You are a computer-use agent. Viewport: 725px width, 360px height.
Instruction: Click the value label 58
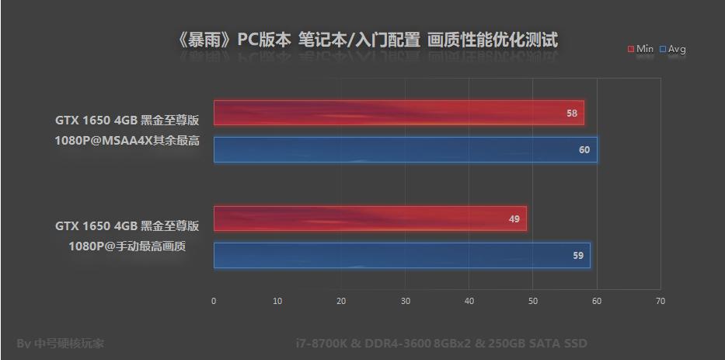click(x=572, y=114)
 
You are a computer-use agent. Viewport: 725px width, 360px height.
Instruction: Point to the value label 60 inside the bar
click(x=584, y=150)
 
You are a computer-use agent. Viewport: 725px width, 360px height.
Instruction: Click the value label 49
click(x=514, y=219)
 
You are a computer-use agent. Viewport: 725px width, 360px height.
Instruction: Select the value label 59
click(x=578, y=256)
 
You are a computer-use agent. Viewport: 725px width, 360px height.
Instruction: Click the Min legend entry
click(x=641, y=49)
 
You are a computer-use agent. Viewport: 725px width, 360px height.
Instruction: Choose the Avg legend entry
click(x=673, y=49)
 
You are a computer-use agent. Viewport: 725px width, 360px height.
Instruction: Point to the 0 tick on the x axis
click(x=214, y=301)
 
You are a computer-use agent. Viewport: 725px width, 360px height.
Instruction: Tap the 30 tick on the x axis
click(x=405, y=301)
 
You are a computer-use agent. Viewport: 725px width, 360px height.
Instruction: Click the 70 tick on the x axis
click(x=660, y=301)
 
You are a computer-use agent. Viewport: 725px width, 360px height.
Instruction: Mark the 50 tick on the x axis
click(x=532, y=301)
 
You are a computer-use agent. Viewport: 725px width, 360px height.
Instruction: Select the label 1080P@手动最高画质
click(x=127, y=246)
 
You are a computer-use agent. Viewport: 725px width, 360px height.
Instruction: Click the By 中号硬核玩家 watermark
click(x=60, y=343)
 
